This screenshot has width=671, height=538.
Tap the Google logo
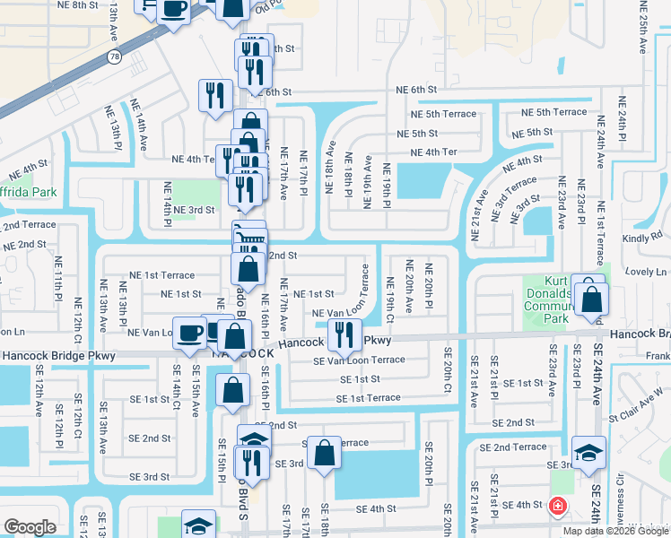click(30, 527)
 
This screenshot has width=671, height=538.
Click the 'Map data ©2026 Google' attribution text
click(614, 531)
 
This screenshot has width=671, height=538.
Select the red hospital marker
click(558, 507)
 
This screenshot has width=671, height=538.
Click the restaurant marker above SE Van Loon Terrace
click(344, 335)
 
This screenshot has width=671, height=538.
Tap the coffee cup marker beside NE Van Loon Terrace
click(190, 334)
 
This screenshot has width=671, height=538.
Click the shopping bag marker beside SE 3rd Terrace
click(324, 453)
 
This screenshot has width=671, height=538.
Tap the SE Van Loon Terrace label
click(359, 360)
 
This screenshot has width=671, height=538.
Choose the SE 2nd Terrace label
click(512, 447)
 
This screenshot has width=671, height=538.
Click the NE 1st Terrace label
click(161, 275)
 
